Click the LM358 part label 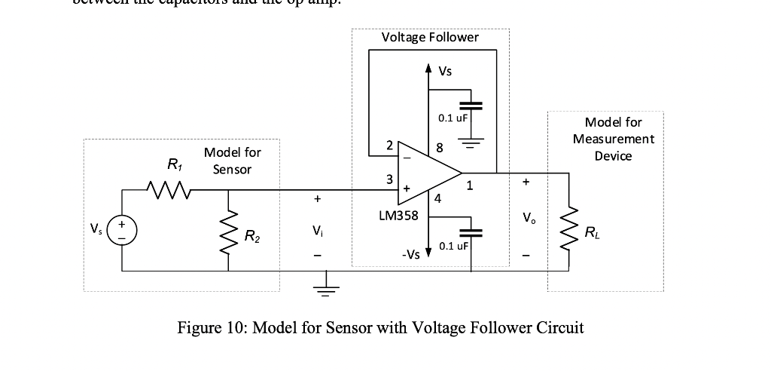coord(404,216)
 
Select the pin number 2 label coord(389,145)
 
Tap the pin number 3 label coord(389,180)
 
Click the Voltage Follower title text coord(429,38)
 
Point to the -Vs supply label coord(410,255)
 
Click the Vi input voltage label coord(318,231)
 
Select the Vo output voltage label coord(526,219)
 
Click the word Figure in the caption coord(202,328)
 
